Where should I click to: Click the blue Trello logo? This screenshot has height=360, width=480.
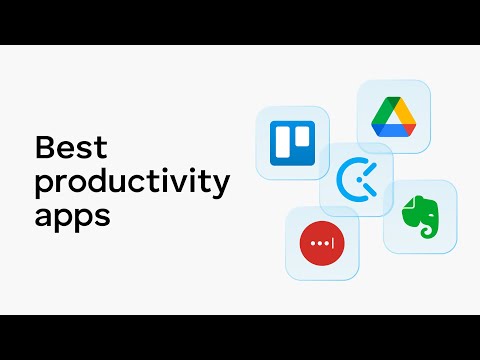(x=292, y=143)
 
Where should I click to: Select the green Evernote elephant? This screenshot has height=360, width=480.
(x=420, y=215)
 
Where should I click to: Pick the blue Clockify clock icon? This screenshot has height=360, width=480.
(x=355, y=180)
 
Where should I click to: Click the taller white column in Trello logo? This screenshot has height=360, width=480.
(x=284, y=143)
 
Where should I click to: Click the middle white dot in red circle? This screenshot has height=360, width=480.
(x=320, y=243)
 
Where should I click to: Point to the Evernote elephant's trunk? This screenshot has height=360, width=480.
(x=414, y=227)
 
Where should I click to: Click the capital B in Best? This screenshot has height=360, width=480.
(x=44, y=148)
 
